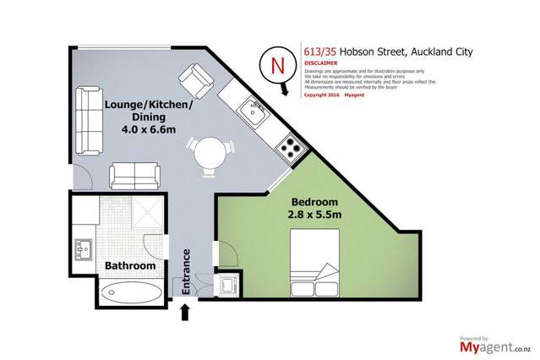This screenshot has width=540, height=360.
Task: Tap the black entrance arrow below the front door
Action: point(186,314)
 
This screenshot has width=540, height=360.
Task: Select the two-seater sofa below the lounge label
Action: point(133,177)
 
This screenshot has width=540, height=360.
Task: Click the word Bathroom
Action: point(129,266)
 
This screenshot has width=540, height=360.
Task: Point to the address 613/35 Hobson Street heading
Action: point(380,50)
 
